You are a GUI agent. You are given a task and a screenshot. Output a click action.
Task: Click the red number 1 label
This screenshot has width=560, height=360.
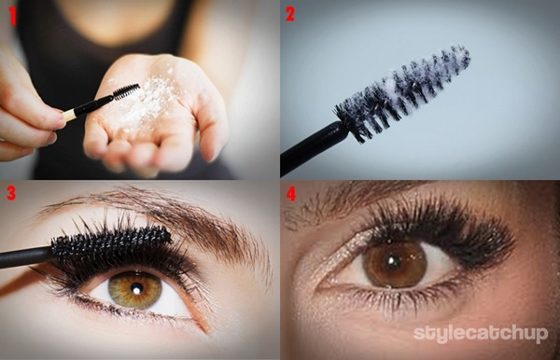click(12, 17)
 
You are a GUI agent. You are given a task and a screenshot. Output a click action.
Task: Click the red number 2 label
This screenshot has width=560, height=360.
click(290, 14)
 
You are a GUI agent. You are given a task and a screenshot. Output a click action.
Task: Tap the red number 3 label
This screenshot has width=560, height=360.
click(11, 193)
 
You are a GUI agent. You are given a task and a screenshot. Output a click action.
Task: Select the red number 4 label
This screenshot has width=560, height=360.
click(291, 194)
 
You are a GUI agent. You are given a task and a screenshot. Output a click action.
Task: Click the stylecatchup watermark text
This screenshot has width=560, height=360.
click(481, 334)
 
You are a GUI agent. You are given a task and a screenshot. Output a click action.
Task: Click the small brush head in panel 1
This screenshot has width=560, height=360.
click(126, 91)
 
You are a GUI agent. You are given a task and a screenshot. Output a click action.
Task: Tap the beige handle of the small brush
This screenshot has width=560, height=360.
click(69, 115)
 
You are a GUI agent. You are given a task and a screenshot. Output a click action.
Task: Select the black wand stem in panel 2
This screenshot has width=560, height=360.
click(315, 148)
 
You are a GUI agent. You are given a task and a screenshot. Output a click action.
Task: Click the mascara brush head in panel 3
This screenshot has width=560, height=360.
click(111, 244)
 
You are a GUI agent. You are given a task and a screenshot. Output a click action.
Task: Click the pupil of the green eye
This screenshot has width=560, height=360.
click(136, 288)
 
